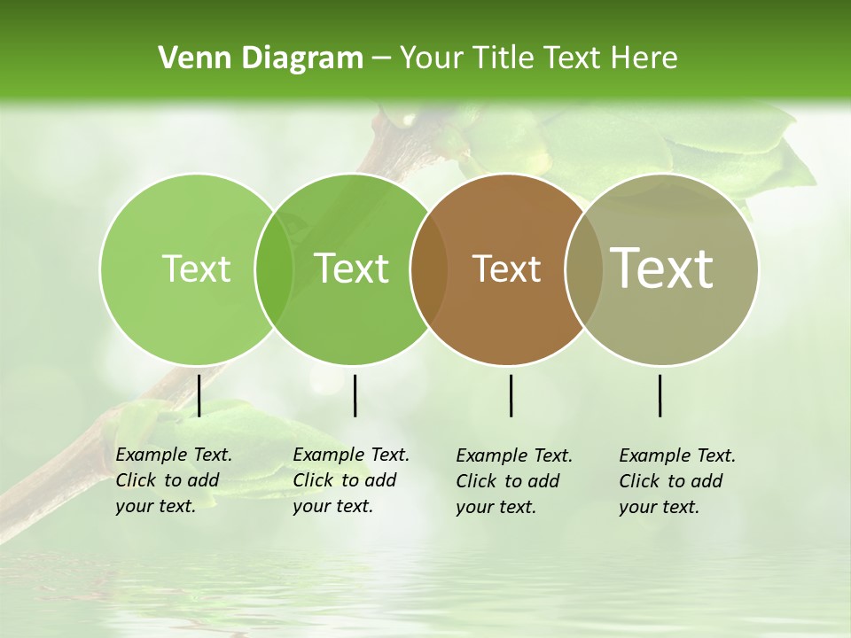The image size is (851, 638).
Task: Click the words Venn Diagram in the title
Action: coord(261,58)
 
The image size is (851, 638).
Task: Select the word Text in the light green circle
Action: coord(196,268)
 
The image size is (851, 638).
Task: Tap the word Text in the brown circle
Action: coord(506,268)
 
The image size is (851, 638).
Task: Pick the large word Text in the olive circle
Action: coord(662,268)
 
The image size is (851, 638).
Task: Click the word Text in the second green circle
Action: coord(352,268)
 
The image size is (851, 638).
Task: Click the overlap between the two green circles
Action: coord(275,269)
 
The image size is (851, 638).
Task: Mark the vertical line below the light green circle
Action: coord(199,395)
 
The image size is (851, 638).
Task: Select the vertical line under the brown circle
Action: coord(511,395)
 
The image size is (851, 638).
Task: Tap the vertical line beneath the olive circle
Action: coord(660,395)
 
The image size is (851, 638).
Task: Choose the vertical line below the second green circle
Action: coord(355,395)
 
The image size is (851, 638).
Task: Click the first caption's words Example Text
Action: coord(174,455)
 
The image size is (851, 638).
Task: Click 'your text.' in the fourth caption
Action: coord(660,507)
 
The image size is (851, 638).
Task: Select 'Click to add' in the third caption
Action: coord(508,481)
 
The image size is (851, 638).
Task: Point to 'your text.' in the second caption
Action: coord(333,506)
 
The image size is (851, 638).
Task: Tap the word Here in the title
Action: coord(645,58)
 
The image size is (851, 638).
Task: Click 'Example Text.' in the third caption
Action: coord(514,456)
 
